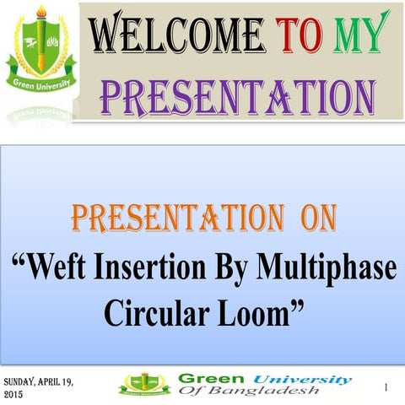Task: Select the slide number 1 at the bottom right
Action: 385,387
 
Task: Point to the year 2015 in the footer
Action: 14,394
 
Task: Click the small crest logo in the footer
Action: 144,385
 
